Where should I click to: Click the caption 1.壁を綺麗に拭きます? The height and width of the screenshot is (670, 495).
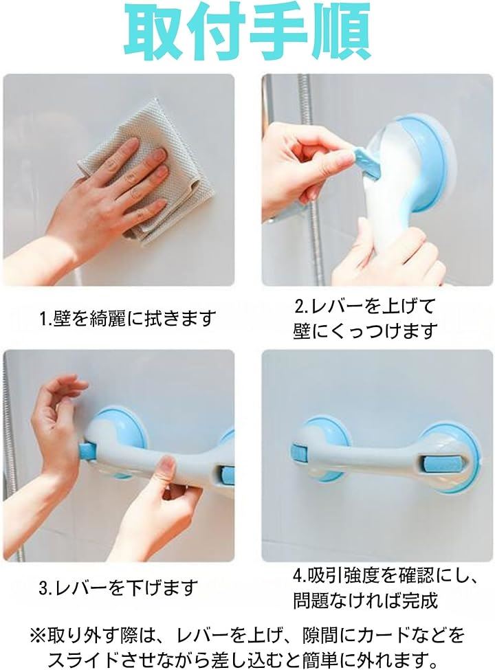[x=126, y=318]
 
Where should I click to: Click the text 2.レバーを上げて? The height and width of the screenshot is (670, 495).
[x=364, y=306]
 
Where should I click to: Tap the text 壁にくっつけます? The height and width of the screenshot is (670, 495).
[x=364, y=331]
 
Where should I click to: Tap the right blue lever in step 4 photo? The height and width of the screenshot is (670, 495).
[x=428, y=465]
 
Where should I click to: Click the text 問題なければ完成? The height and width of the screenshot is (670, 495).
[x=366, y=601]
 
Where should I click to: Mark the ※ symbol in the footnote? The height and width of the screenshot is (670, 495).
[x=37, y=636]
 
